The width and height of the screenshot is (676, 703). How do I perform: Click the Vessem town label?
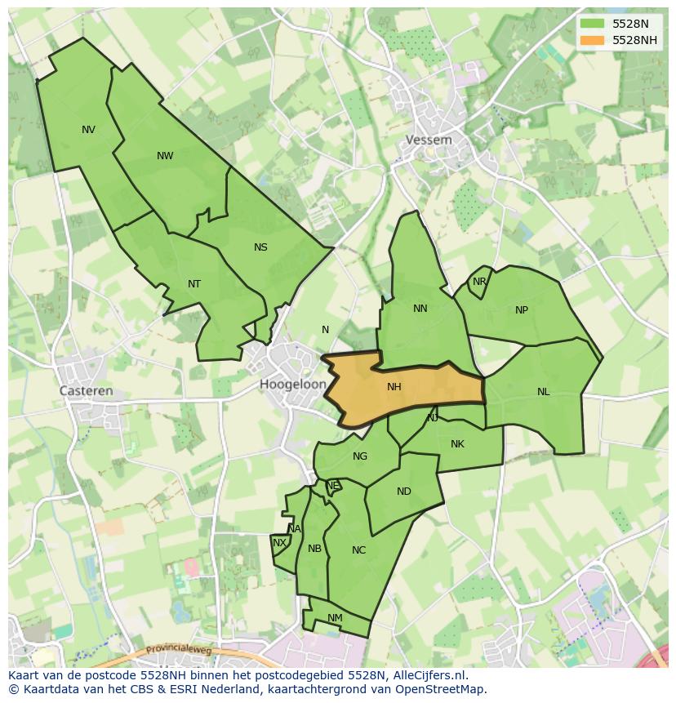429,140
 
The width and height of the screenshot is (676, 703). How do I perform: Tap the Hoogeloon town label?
293,384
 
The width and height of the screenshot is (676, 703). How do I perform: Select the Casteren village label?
87,391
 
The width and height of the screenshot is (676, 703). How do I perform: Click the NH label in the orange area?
394,387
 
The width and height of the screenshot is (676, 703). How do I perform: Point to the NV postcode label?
88,130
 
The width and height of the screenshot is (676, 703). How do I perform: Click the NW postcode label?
165,156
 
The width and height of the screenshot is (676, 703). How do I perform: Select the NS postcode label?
260,247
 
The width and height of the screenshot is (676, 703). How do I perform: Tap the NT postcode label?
194,284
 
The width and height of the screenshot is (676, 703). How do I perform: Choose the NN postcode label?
420,309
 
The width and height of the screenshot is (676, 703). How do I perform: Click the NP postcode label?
522,310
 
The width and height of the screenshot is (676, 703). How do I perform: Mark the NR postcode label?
479,282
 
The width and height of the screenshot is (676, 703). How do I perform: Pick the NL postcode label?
544,392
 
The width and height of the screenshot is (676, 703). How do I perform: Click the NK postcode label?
457,444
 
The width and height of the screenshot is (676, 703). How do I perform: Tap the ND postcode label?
404,492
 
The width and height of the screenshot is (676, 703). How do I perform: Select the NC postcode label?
358,550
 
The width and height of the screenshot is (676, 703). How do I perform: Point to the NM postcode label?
335,618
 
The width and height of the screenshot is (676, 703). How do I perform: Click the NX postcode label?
279,543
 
